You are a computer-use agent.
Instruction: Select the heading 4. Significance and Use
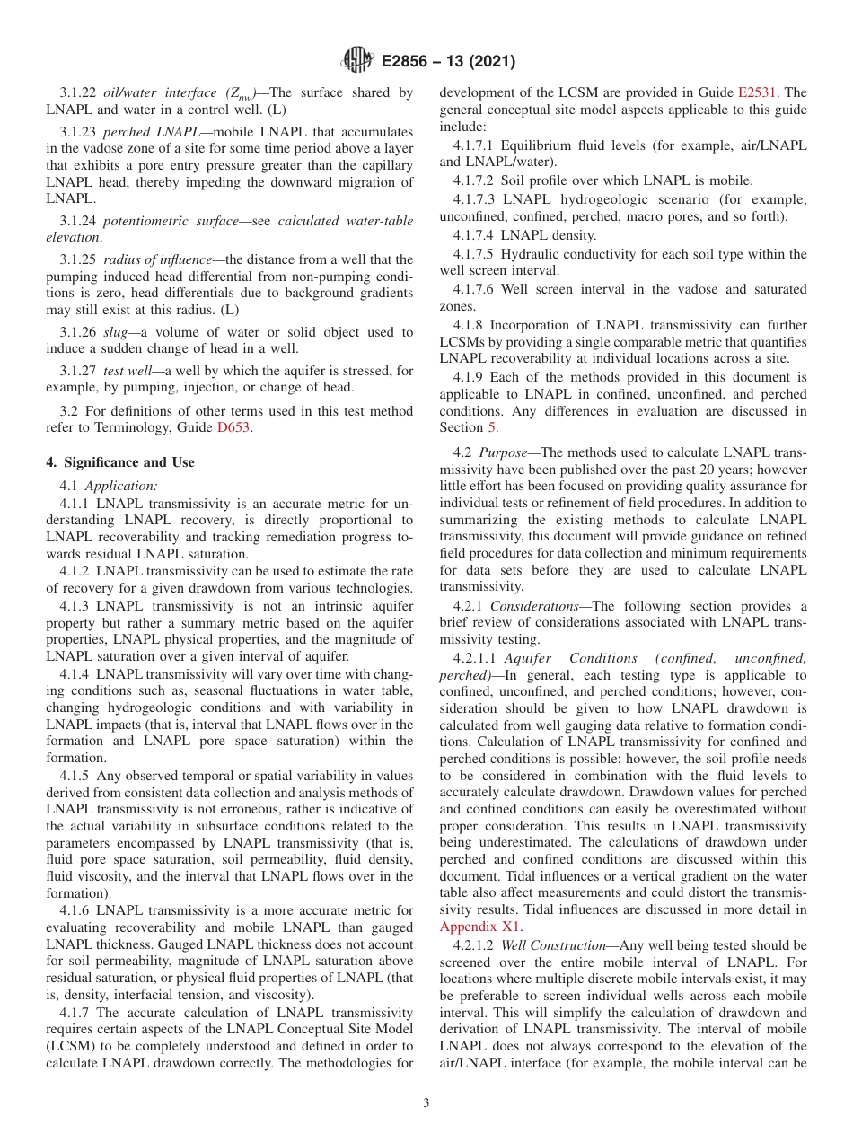pos(120,462)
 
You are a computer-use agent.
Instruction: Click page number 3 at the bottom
pos(426,1103)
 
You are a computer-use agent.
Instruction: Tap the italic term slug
pos(116,333)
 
